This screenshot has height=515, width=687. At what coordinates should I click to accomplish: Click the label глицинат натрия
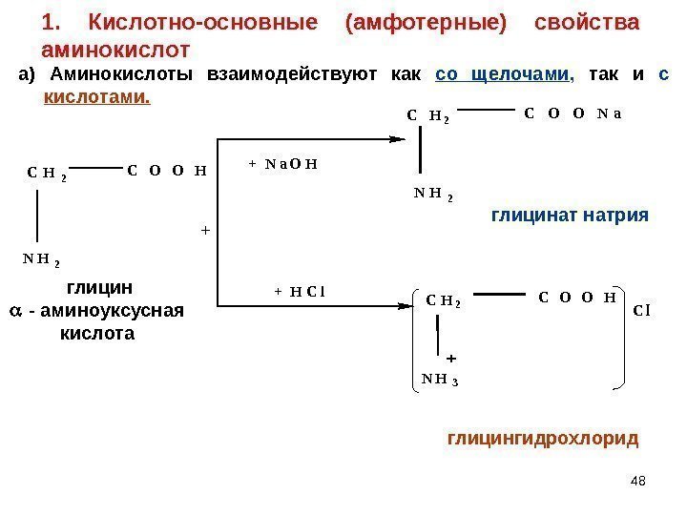pos(570,216)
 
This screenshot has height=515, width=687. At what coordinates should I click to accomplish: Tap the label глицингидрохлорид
pos(542,439)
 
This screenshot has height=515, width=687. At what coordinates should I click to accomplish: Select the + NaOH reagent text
pos(282,163)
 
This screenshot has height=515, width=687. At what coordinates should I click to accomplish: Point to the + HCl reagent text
pos(300,291)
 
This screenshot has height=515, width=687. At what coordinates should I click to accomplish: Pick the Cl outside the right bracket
pos(641,309)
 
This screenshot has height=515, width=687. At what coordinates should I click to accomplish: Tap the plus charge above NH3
pos(451,359)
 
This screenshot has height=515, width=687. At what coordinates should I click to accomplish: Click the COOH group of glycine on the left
pos(167,172)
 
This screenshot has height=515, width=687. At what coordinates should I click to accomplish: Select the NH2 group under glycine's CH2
pos(42,258)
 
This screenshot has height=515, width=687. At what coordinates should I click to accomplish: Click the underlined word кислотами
pos(97,98)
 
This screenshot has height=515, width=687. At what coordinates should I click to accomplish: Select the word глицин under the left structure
pos(99,287)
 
